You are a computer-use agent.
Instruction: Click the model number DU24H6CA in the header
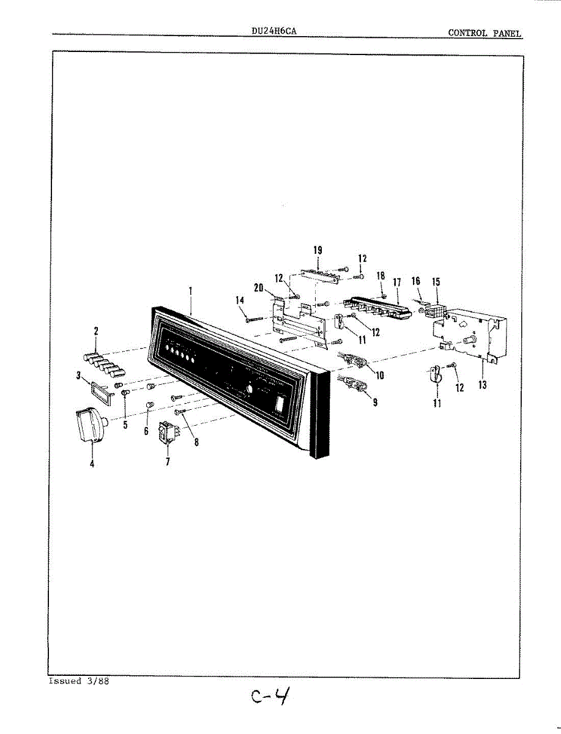273,29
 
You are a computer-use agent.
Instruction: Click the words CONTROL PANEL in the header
485,33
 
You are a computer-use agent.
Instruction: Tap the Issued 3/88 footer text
79,681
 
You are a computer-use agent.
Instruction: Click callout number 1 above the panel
190,292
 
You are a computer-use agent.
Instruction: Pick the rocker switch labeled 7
167,431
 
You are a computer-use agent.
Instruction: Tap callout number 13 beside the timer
483,385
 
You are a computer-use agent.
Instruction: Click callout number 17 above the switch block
396,283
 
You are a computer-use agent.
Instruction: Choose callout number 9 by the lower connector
374,402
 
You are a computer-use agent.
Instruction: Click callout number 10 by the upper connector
379,375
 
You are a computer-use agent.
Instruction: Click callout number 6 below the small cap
146,431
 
